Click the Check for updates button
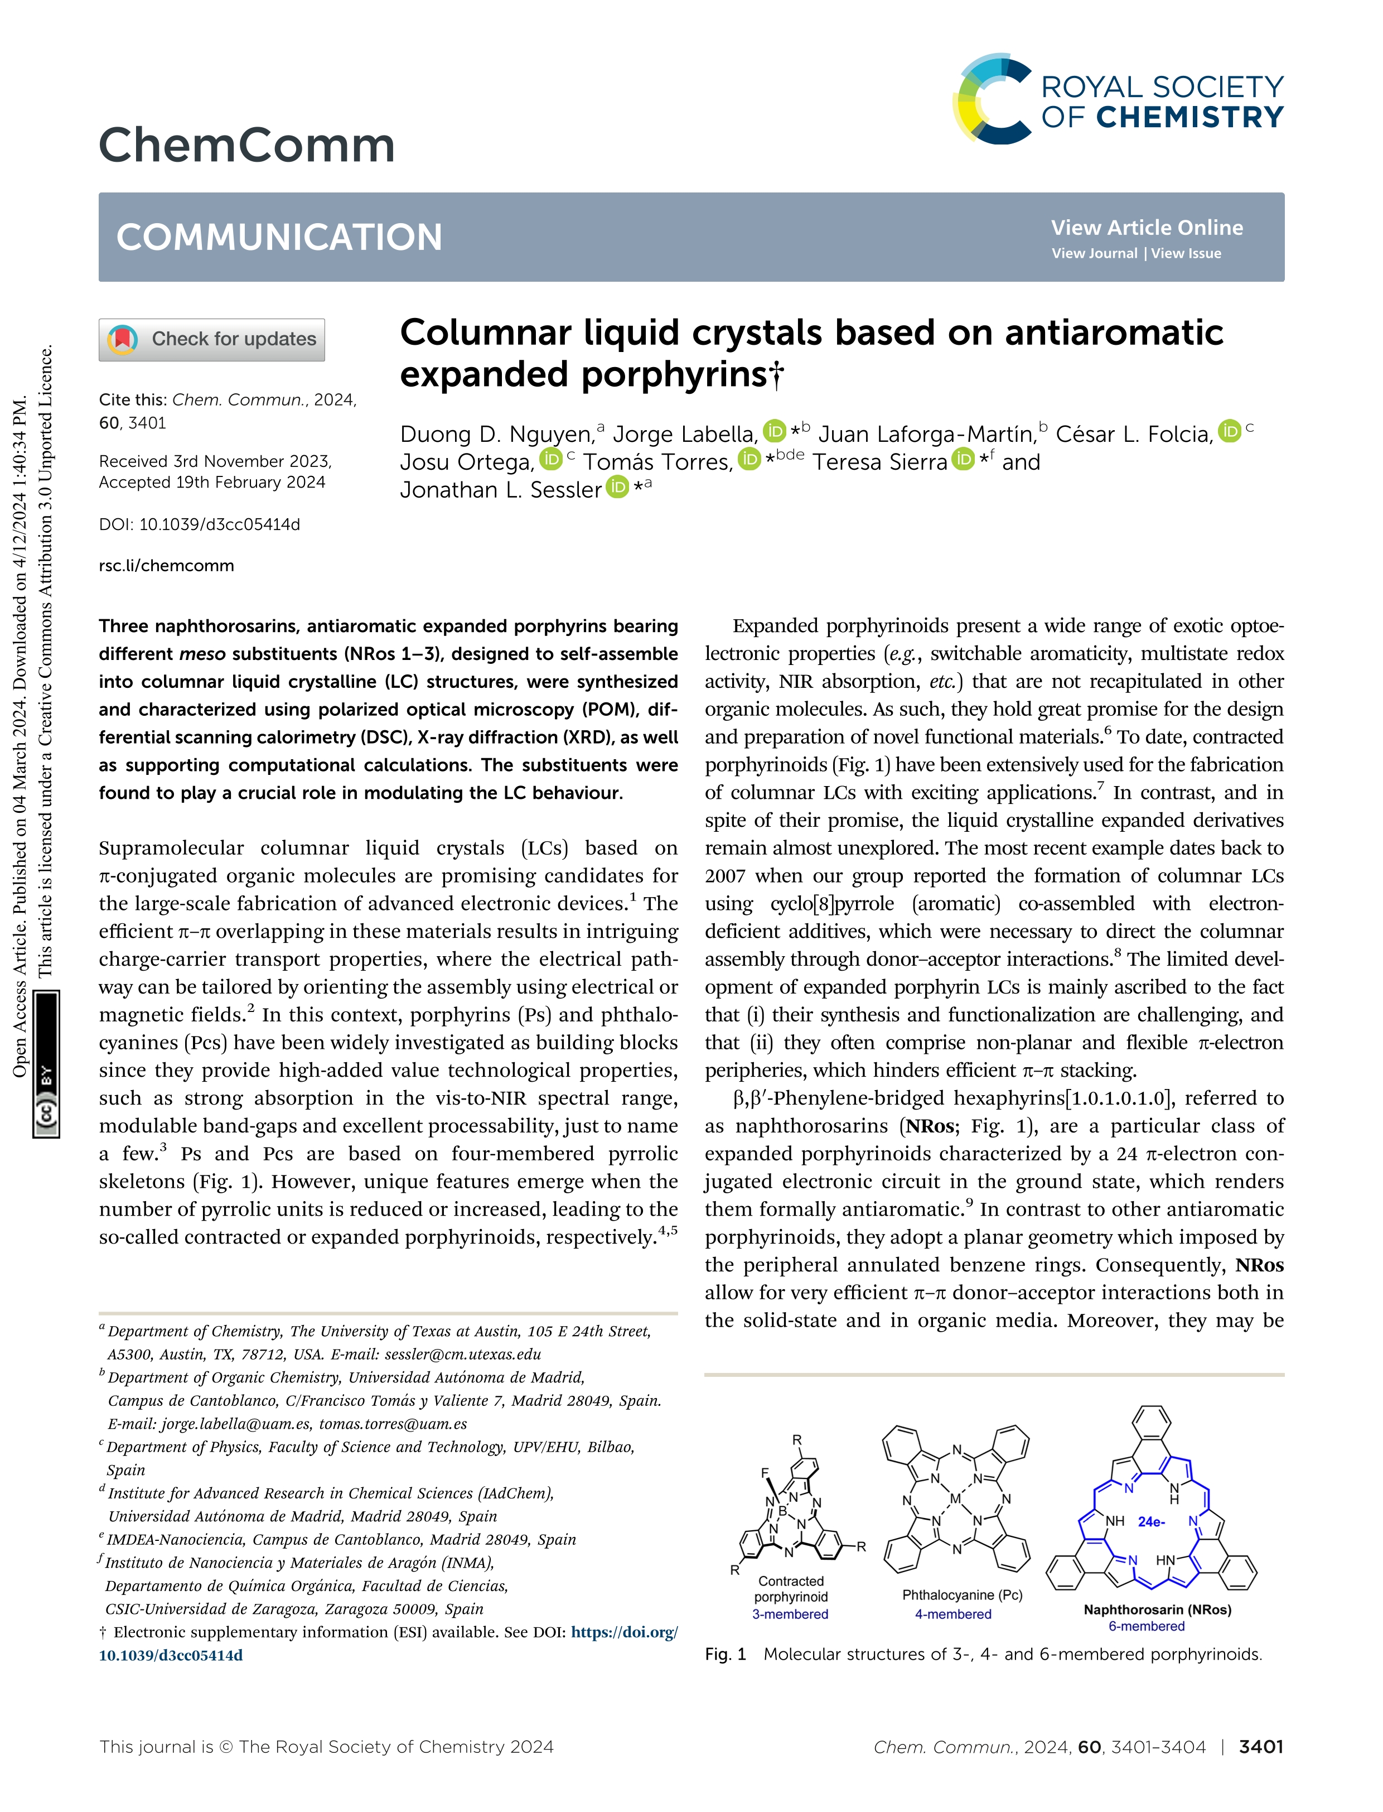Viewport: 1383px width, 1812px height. (x=211, y=339)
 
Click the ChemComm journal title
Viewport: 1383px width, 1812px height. (x=247, y=145)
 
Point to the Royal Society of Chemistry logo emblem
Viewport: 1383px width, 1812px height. (x=992, y=99)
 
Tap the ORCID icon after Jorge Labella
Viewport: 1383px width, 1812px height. (x=774, y=431)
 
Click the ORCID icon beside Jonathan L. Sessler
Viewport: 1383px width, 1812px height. (x=617, y=488)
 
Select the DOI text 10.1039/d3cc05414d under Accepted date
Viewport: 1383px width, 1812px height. (x=219, y=524)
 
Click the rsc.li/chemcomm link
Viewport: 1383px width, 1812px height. (x=166, y=566)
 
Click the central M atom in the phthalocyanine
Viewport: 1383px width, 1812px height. (x=955, y=1500)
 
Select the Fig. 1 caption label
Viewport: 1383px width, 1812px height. (x=724, y=1655)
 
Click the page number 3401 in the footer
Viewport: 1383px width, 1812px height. (x=1260, y=1747)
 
